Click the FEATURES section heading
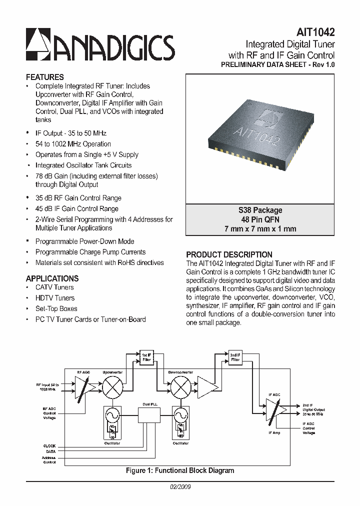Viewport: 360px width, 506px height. click(45, 77)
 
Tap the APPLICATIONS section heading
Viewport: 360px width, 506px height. click(52, 278)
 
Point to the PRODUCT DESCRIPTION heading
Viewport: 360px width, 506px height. click(229, 254)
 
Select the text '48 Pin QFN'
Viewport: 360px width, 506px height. click(260, 219)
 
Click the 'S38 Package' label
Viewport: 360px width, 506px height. click(260, 210)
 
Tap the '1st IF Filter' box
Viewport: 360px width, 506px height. click(146, 357)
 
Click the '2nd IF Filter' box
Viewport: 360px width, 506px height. click(235, 357)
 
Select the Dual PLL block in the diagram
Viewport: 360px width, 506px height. click(150, 414)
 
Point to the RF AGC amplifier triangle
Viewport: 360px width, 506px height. click(83, 386)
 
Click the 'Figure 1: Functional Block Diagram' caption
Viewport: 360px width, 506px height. click(180, 470)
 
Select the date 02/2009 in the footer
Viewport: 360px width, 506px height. click(180, 486)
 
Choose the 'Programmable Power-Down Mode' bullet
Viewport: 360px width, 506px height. click(84, 241)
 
